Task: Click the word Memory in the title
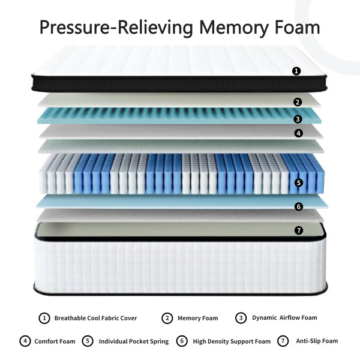tap(233, 28)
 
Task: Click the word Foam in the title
tap(298, 27)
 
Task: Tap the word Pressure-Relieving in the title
tap(116, 28)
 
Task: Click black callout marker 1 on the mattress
tap(296, 71)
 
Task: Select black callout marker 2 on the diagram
tap(298, 102)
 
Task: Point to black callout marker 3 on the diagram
tap(298, 119)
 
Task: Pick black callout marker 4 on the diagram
tap(298, 133)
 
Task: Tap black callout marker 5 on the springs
tap(299, 183)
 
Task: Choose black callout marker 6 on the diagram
tap(299, 206)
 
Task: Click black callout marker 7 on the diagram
tap(299, 230)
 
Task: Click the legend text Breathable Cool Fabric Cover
tap(95, 318)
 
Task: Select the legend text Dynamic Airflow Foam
tap(284, 318)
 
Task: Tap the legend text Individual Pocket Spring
tap(134, 341)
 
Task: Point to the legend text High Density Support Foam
tap(232, 341)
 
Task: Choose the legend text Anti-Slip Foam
tap(317, 341)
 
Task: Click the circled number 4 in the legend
tap(25, 341)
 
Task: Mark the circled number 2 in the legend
tap(167, 318)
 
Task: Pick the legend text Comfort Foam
tap(55, 341)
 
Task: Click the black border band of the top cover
tap(179, 84)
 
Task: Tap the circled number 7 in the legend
tap(283, 341)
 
